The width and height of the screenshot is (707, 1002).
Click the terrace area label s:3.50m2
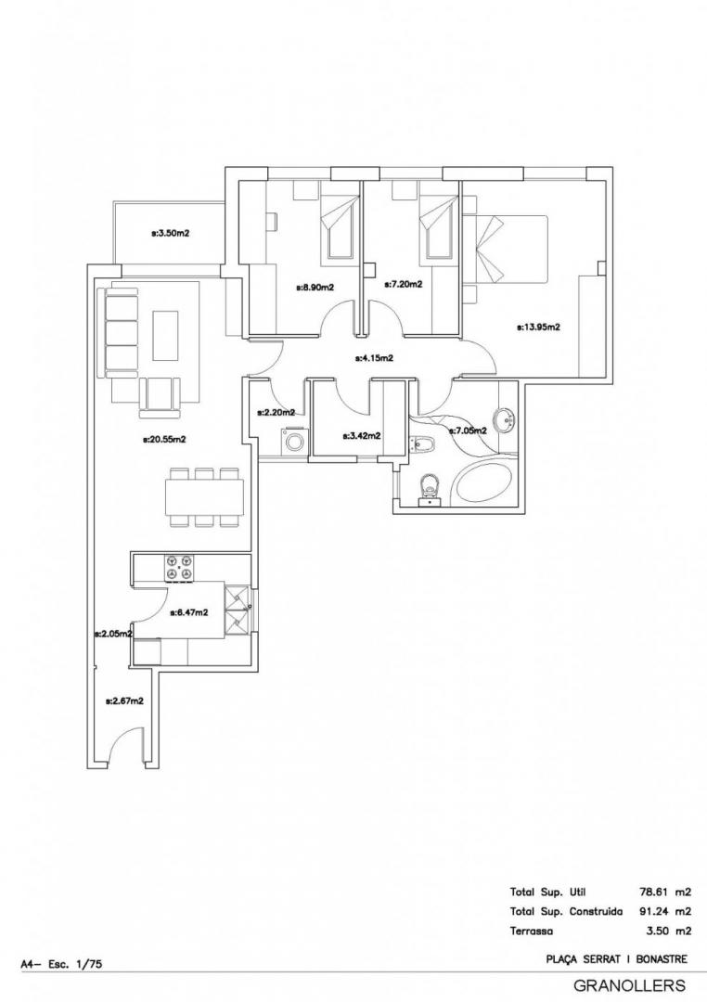tap(170, 233)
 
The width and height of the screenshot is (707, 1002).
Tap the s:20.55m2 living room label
tap(164, 439)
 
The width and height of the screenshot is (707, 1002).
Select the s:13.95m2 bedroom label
tap(538, 328)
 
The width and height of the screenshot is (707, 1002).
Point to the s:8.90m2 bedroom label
tap(315, 288)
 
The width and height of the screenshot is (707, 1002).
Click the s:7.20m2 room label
tap(403, 285)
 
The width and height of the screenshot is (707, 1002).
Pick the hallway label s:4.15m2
tap(374, 358)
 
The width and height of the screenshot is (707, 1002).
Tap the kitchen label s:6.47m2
tap(189, 611)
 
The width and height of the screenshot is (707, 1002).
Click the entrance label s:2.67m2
tap(124, 700)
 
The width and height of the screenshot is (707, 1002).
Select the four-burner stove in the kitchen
tap(180, 569)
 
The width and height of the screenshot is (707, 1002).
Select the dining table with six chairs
tap(205, 497)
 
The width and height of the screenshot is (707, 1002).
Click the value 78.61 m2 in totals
tap(665, 892)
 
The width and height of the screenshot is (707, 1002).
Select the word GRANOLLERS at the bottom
tap(629, 985)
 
